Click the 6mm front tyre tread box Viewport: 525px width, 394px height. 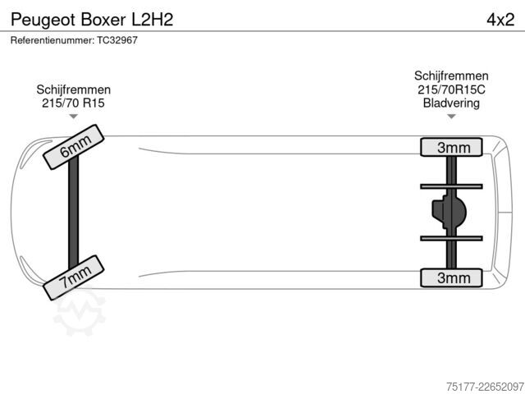74,147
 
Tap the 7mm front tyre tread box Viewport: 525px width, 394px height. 74,277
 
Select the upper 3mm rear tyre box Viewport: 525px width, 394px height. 451,147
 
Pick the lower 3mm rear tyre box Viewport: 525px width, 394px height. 451,277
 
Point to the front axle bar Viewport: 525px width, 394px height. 73,213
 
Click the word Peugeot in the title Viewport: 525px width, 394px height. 43,20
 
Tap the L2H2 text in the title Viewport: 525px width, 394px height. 153,20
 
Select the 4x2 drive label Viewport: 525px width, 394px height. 500,20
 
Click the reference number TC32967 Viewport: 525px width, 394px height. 117,40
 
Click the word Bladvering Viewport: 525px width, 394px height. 451,103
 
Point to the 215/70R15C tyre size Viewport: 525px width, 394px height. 451,89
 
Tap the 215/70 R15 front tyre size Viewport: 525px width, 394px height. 73,103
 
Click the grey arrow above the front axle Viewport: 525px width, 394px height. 73,117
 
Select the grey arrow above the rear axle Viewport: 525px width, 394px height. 451,117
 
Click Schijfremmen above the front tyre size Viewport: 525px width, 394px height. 73,89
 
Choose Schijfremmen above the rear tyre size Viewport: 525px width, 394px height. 451,76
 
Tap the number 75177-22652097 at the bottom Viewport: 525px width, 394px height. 485,387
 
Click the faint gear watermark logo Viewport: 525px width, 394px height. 80,312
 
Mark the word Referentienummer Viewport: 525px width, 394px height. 52,40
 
